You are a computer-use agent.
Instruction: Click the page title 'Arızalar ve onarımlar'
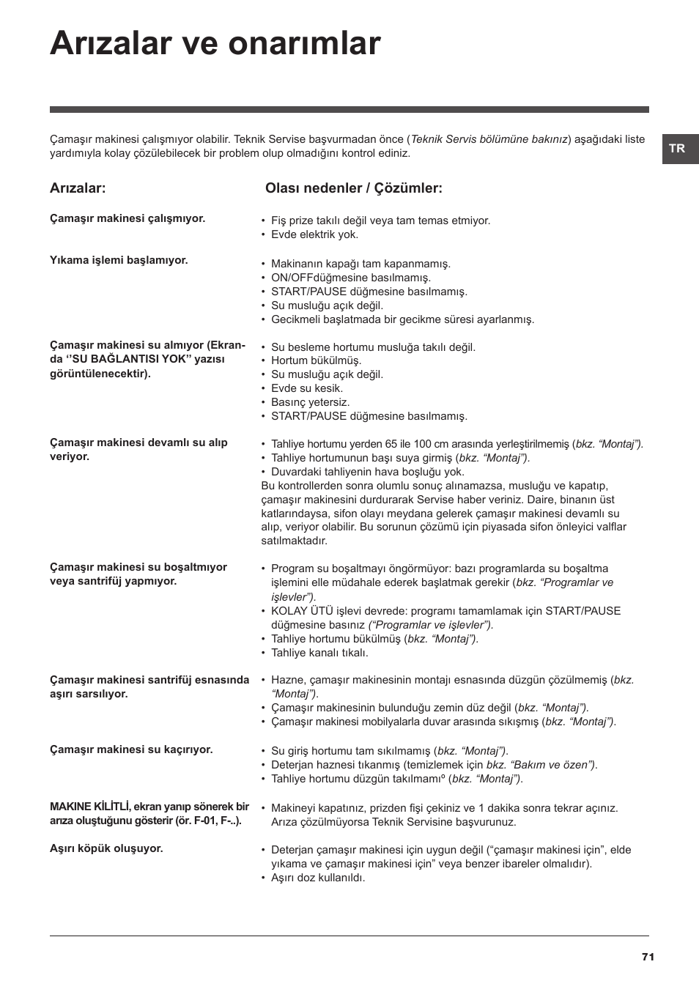point(215,44)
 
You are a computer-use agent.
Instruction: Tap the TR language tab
point(677,148)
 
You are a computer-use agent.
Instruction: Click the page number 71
point(647,957)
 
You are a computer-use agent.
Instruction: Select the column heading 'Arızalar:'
point(78,188)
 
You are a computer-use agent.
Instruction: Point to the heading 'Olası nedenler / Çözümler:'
point(353,188)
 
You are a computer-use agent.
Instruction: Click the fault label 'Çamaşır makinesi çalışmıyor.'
point(127,218)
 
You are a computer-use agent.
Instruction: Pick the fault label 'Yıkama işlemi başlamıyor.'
point(119,260)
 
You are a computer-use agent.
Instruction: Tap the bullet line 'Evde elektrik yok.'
point(314,234)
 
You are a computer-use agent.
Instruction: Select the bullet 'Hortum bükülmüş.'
point(316,360)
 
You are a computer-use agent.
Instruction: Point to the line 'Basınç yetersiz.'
point(310,402)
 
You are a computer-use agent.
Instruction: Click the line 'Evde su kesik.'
point(307,388)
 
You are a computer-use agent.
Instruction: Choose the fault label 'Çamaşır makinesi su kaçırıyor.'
point(131,749)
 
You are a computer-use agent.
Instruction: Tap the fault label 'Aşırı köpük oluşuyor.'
point(106,848)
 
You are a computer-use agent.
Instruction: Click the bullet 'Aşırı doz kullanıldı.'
point(318,878)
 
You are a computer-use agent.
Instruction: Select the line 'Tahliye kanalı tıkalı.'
point(319,653)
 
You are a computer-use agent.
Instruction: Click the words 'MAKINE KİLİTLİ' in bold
point(89,807)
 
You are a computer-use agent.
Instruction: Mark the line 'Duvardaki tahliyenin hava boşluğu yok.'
point(367,472)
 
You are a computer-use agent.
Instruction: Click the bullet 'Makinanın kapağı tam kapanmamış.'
point(360,264)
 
